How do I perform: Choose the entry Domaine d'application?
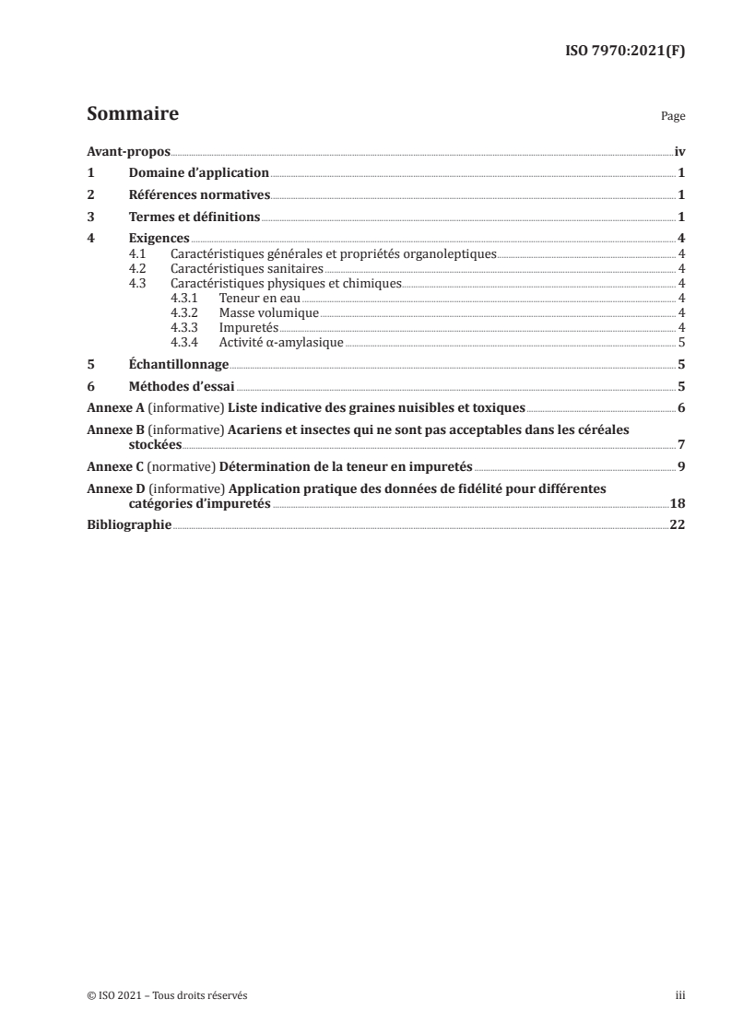point(198,173)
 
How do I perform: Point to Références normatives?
point(199,195)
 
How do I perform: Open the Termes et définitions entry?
point(195,217)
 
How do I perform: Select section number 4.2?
point(138,269)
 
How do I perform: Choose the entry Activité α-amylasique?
point(281,343)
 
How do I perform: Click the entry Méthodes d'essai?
point(182,386)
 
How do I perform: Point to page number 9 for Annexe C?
point(680,466)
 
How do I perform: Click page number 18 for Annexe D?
point(677,503)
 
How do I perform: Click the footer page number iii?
point(679,995)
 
